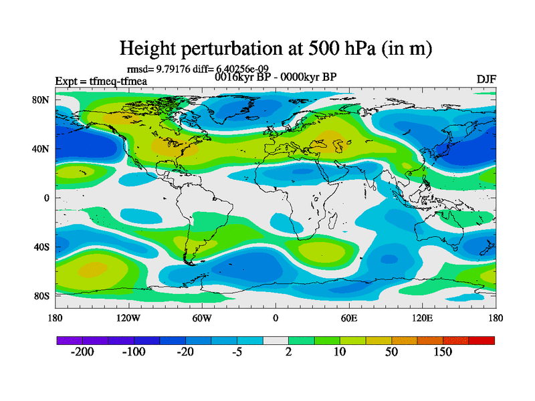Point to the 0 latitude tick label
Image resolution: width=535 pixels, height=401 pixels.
[x=47, y=198]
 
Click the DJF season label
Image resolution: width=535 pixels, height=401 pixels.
[x=486, y=79]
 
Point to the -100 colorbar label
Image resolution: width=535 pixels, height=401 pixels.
[x=134, y=352]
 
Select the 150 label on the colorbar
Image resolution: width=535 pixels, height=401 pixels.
[x=443, y=352]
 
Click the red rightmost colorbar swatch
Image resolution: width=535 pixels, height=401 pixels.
[x=481, y=341]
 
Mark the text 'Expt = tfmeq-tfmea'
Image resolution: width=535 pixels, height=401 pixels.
[x=101, y=82]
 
